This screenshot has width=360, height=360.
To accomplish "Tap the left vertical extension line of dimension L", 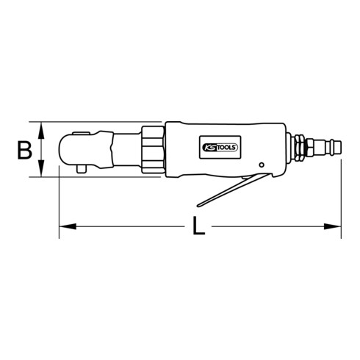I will click(59, 206).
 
